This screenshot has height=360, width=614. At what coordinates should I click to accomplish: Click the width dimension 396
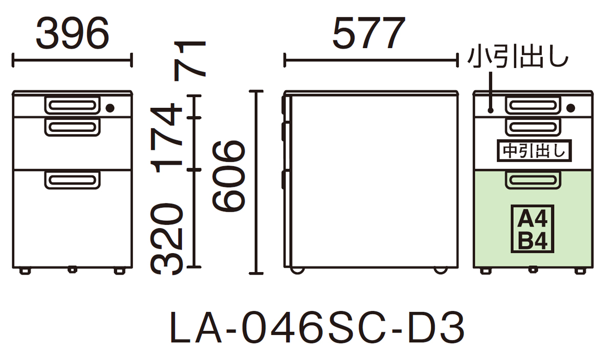coord(72,34)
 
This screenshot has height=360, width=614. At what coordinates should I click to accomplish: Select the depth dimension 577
coord(368,34)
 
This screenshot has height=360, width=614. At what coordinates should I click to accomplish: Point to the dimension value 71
coord(189,60)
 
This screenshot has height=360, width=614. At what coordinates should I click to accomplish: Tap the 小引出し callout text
coord(517,57)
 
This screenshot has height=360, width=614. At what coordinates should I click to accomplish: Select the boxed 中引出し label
coord(534,150)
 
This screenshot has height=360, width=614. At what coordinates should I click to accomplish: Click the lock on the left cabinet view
coord(110,108)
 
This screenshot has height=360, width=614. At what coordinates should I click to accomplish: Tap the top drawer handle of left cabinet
coord(72,105)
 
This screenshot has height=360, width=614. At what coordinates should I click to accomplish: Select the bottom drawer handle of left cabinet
coord(72,179)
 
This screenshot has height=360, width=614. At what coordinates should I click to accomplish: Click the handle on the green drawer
coord(533,179)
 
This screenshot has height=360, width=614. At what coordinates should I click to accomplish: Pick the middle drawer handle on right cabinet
coord(533,127)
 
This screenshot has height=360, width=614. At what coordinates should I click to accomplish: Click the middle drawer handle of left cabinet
coord(72,127)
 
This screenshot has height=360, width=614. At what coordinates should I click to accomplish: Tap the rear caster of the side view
coord(439,269)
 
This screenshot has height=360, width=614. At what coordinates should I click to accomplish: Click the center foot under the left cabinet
coord(72,269)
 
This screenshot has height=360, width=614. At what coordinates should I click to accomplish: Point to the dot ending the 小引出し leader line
coord(491,110)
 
